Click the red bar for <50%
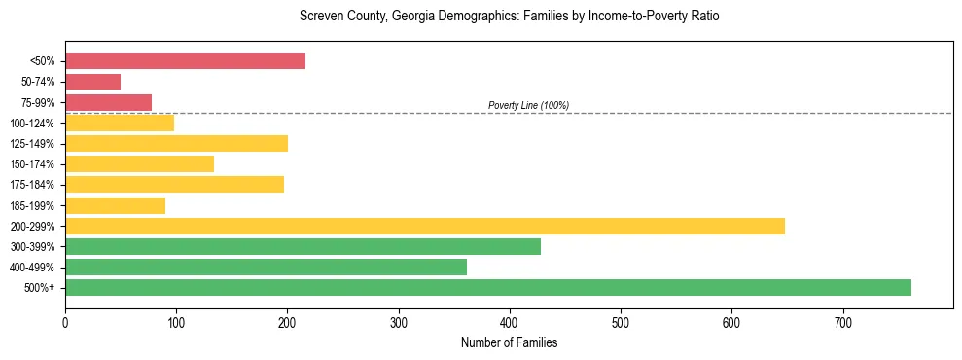[x=185, y=61]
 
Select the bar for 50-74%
[x=92, y=82]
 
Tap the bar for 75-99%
[x=108, y=102]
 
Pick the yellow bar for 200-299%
[x=424, y=226]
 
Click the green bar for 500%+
[x=487, y=287]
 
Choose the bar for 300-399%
[x=303, y=246]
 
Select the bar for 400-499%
[x=266, y=267]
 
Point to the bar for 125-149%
[x=176, y=144]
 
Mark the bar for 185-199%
[x=115, y=205]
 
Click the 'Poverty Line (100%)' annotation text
[x=528, y=105]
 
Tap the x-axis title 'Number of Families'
[x=509, y=342]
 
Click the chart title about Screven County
[x=509, y=17]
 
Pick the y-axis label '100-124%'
[x=32, y=124]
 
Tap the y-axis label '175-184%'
[x=32, y=185]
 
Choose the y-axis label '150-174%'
[x=32, y=164]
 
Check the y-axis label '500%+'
[x=40, y=288]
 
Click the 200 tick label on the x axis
[x=287, y=322]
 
